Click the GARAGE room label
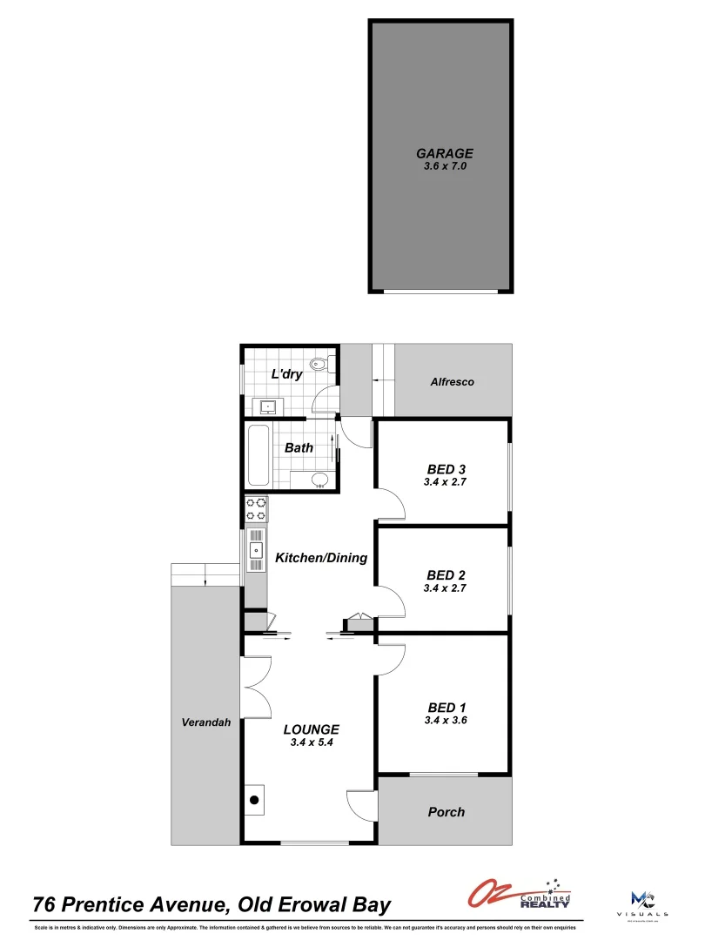pos(444,153)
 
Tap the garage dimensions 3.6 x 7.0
pos(444,165)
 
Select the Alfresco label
pos(453,382)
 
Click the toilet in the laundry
pos(319,366)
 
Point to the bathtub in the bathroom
pos(258,456)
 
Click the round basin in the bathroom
pos(319,478)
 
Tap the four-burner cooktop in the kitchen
pos(257,508)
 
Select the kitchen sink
pos(257,550)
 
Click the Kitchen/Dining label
pos(321,558)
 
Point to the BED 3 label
pos(446,469)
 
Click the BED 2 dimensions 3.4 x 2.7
pos(446,588)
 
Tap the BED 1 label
pos(446,707)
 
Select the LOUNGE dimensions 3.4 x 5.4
pos(312,742)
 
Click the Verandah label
pos(205,722)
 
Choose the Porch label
pos(446,812)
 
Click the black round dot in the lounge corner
pos(255,800)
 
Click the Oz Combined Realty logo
pos(520,895)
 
